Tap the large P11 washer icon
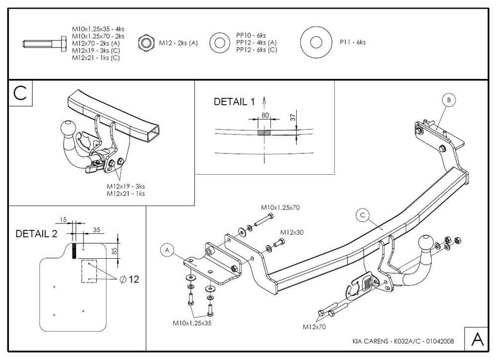coord(316,43)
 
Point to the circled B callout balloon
coord(448,100)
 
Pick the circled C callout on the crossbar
coord(363,215)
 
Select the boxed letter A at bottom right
coord(477,339)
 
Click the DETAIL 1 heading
coord(234,102)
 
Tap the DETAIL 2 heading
coord(36,233)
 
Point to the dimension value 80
coord(265,116)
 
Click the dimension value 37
coord(293,117)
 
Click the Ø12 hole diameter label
coord(130,280)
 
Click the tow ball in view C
coord(66,128)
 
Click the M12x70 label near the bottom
coord(315,327)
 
